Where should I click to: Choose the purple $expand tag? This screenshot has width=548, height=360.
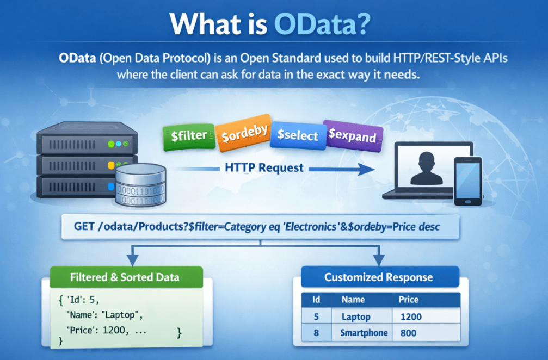352,135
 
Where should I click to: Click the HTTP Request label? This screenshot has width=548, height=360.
264,168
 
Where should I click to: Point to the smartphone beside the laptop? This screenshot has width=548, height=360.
467,181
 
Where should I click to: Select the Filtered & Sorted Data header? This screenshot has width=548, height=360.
125,277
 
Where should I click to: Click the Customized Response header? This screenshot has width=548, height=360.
378,277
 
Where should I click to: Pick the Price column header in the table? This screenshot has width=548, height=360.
409,300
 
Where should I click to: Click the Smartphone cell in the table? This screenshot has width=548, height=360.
364,333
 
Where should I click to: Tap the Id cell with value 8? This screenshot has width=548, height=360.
316,333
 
